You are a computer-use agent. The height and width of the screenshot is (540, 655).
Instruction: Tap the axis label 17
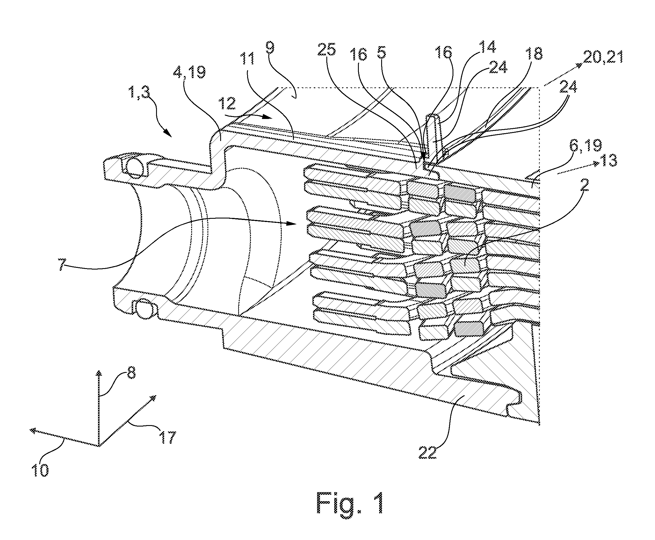tap(167, 437)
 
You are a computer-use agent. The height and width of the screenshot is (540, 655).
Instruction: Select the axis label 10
tap(40, 470)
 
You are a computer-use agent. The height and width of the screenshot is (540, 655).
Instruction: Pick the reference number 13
tap(608, 161)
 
